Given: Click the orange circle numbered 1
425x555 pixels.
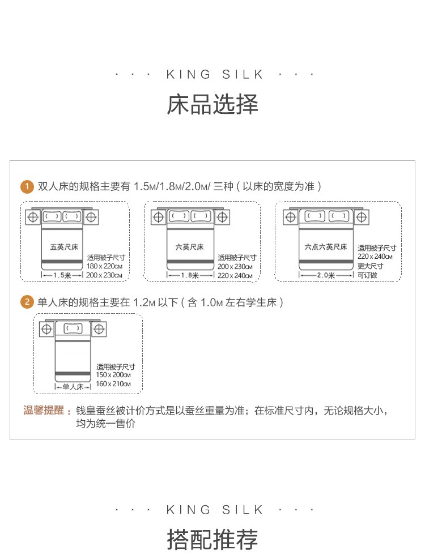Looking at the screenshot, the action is point(27,186).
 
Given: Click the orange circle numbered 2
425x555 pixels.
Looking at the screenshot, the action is point(27,302).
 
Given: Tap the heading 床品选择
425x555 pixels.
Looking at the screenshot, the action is point(212,104).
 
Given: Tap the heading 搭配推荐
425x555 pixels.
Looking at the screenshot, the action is point(212,540).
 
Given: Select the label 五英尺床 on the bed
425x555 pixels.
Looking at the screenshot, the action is point(63,247).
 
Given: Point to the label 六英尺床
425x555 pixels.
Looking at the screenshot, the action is point(189,247).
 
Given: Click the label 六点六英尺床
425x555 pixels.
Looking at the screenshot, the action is point(326,247).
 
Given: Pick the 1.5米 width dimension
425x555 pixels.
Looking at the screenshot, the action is point(62,275).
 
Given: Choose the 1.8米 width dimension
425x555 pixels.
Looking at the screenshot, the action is point(190,275).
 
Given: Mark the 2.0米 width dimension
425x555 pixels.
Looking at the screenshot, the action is point(326,275).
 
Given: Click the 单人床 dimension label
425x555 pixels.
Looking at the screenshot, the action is point(73,387).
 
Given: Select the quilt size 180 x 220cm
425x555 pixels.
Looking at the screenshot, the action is point(104,266).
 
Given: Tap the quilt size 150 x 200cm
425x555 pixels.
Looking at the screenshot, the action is point(113,374).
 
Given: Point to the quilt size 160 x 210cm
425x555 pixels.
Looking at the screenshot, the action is point(113,384).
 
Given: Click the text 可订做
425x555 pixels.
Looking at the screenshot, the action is point(367,275).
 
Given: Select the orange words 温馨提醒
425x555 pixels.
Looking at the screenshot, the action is point(44,410).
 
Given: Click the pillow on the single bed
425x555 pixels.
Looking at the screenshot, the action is point(73,329).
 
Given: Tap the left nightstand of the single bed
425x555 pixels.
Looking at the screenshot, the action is point(46,329).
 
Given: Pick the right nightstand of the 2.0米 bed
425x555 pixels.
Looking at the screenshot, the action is point(362,217).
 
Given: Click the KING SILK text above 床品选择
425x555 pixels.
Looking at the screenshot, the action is point(215,74).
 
